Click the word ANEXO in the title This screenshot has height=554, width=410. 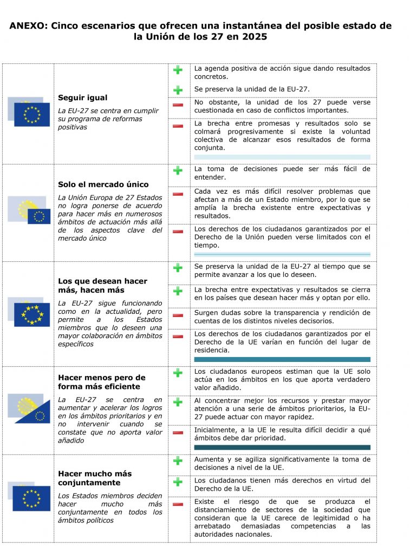[x=28, y=26]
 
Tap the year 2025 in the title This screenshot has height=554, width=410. [x=253, y=37]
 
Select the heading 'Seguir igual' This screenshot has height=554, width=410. [x=82, y=98]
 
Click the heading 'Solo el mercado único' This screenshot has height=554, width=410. [x=103, y=184]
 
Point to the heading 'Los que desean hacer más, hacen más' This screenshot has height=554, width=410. [x=102, y=286]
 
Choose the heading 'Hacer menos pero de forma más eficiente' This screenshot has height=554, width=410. [x=102, y=382]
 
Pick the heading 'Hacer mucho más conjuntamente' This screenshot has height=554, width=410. [x=95, y=478]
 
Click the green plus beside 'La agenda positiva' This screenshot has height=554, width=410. [x=178, y=70]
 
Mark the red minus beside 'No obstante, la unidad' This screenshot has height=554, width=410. [x=178, y=104]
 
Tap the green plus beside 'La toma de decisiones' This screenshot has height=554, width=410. [x=178, y=170]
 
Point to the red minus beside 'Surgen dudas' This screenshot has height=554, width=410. [x=178, y=315]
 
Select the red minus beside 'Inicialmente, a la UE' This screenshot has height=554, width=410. [x=178, y=432]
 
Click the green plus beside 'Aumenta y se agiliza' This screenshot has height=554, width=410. [x=178, y=461]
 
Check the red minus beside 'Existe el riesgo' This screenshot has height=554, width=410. [x=178, y=504]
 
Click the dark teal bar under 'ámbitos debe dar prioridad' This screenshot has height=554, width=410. [x=282, y=447]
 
